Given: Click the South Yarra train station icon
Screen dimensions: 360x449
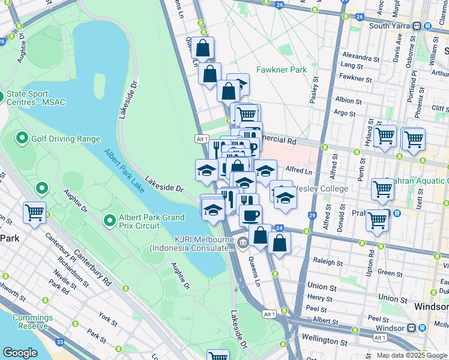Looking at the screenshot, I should point(427,26).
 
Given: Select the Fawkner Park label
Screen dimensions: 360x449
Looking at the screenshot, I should point(282,70).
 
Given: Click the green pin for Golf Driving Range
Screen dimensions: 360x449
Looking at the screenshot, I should point(22,139).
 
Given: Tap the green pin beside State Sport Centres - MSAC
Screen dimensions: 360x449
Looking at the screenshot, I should point(2,96).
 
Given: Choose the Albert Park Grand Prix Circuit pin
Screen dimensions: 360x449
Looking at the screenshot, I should point(109,220).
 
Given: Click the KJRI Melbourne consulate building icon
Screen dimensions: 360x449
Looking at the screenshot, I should point(243,242).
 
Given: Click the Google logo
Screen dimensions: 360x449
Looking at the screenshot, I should point(20,353).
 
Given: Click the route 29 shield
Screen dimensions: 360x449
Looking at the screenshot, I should point(312,215).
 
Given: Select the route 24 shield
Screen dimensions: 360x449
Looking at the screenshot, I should point(279,228).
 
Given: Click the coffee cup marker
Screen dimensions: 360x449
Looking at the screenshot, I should point(250,213).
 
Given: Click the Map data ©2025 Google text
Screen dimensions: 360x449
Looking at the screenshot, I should point(411,355).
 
